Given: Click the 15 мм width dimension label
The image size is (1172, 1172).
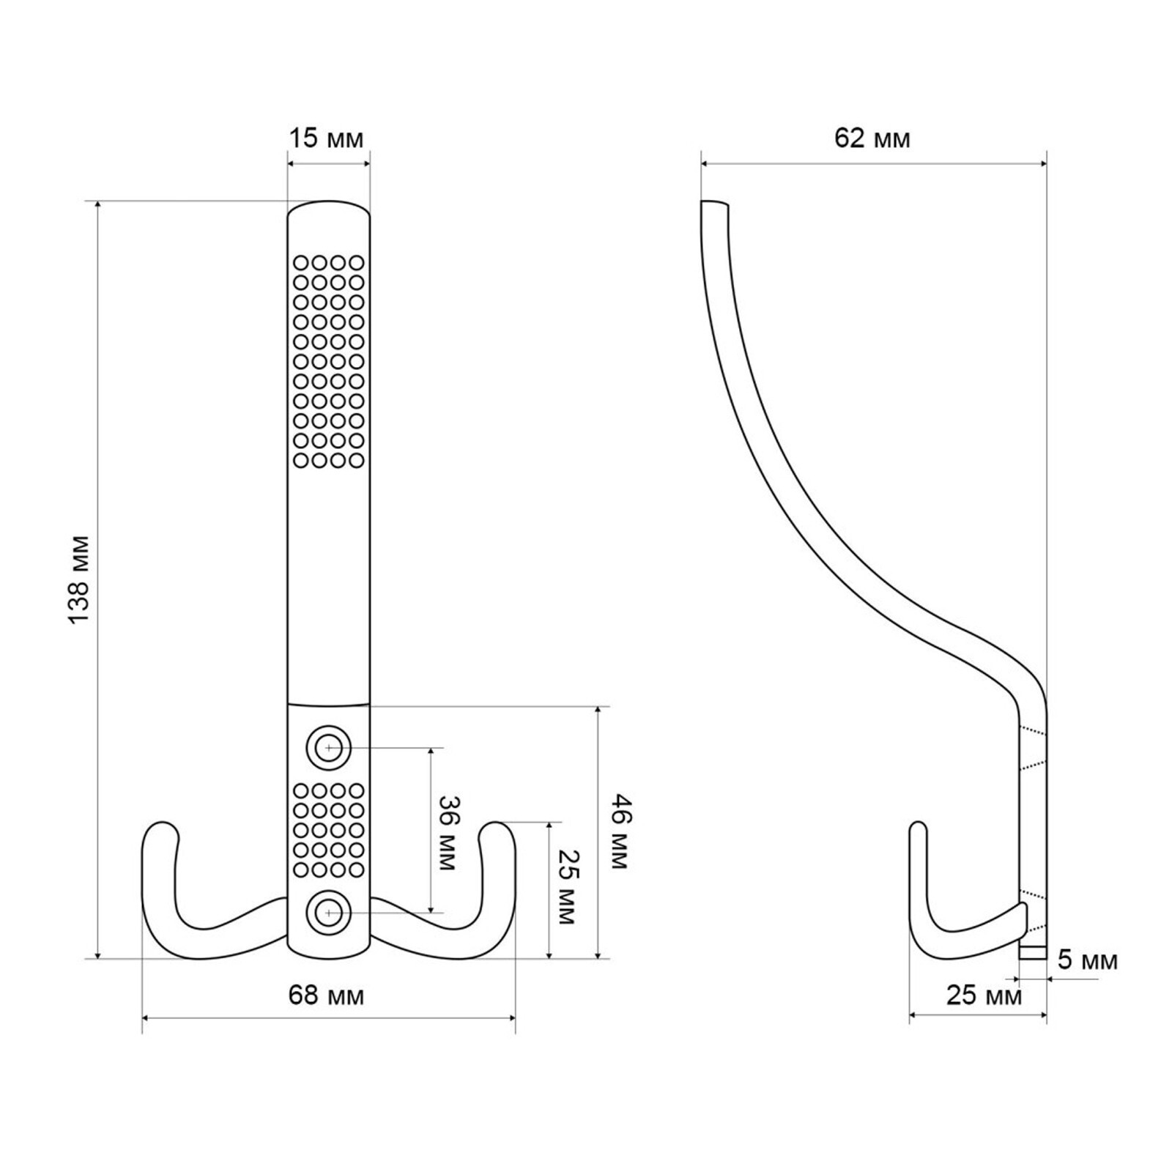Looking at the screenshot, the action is point(326,138).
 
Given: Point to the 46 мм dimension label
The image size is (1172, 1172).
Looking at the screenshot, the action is point(617,831).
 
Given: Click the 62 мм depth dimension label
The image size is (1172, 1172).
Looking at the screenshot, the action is point(872,138).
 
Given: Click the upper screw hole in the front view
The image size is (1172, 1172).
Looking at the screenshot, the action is point(329,749).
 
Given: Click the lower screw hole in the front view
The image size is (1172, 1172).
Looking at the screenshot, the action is point(329,913).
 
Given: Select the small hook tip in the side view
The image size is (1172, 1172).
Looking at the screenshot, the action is point(919,827).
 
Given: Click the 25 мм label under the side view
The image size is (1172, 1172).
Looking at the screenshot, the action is point(984,996).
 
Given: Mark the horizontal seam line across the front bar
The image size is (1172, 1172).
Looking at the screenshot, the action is point(328,704).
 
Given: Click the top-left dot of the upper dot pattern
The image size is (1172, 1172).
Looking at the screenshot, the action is point(300,262).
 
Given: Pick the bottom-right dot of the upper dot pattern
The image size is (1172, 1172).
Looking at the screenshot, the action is point(357,461).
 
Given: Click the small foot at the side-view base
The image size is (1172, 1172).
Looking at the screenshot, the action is point(1034,952).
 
